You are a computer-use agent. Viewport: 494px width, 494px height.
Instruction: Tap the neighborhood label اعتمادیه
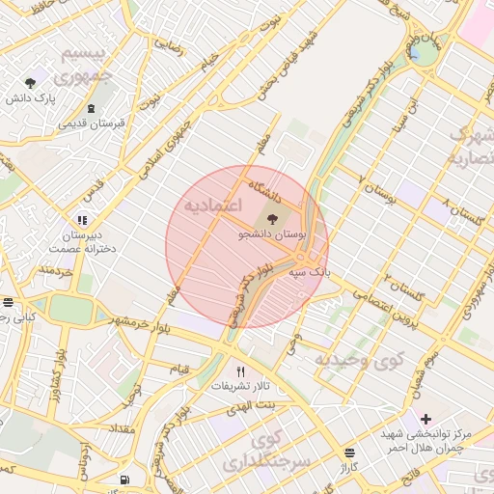[211, 206]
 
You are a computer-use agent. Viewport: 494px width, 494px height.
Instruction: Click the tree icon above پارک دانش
[30, 83]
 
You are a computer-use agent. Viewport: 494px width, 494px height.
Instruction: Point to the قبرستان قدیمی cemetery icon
[92, 108]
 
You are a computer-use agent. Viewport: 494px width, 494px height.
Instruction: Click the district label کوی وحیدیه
[357, 360]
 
